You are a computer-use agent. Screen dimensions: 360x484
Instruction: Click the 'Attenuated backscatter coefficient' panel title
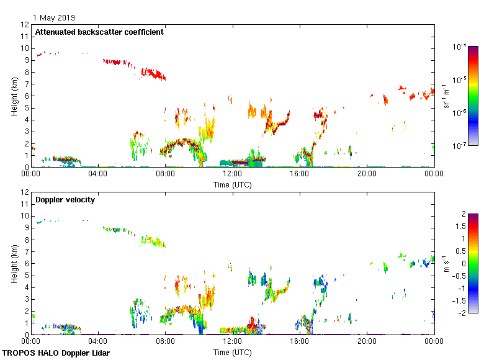[99, 32]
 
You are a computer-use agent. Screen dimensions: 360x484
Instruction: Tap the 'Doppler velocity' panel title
[65, 200]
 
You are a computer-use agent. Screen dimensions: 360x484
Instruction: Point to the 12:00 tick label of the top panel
[232, 175]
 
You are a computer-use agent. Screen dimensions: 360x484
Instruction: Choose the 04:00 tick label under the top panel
[98, 175]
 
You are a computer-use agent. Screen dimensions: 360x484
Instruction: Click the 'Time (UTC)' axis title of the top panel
[232, 184]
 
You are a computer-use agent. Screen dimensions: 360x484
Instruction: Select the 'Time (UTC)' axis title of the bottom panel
[232, 352]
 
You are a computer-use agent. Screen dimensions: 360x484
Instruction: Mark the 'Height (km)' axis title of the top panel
[14, 96]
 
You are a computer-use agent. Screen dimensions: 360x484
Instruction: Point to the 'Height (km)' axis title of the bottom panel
[14, 263]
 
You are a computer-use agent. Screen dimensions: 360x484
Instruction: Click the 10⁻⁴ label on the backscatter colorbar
[460, 47]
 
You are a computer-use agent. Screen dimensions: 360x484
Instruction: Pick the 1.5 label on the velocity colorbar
[460, 227]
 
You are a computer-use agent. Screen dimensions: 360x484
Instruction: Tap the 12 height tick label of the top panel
[25, 25]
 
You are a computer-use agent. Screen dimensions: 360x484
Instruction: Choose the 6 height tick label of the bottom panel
[27, 263]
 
